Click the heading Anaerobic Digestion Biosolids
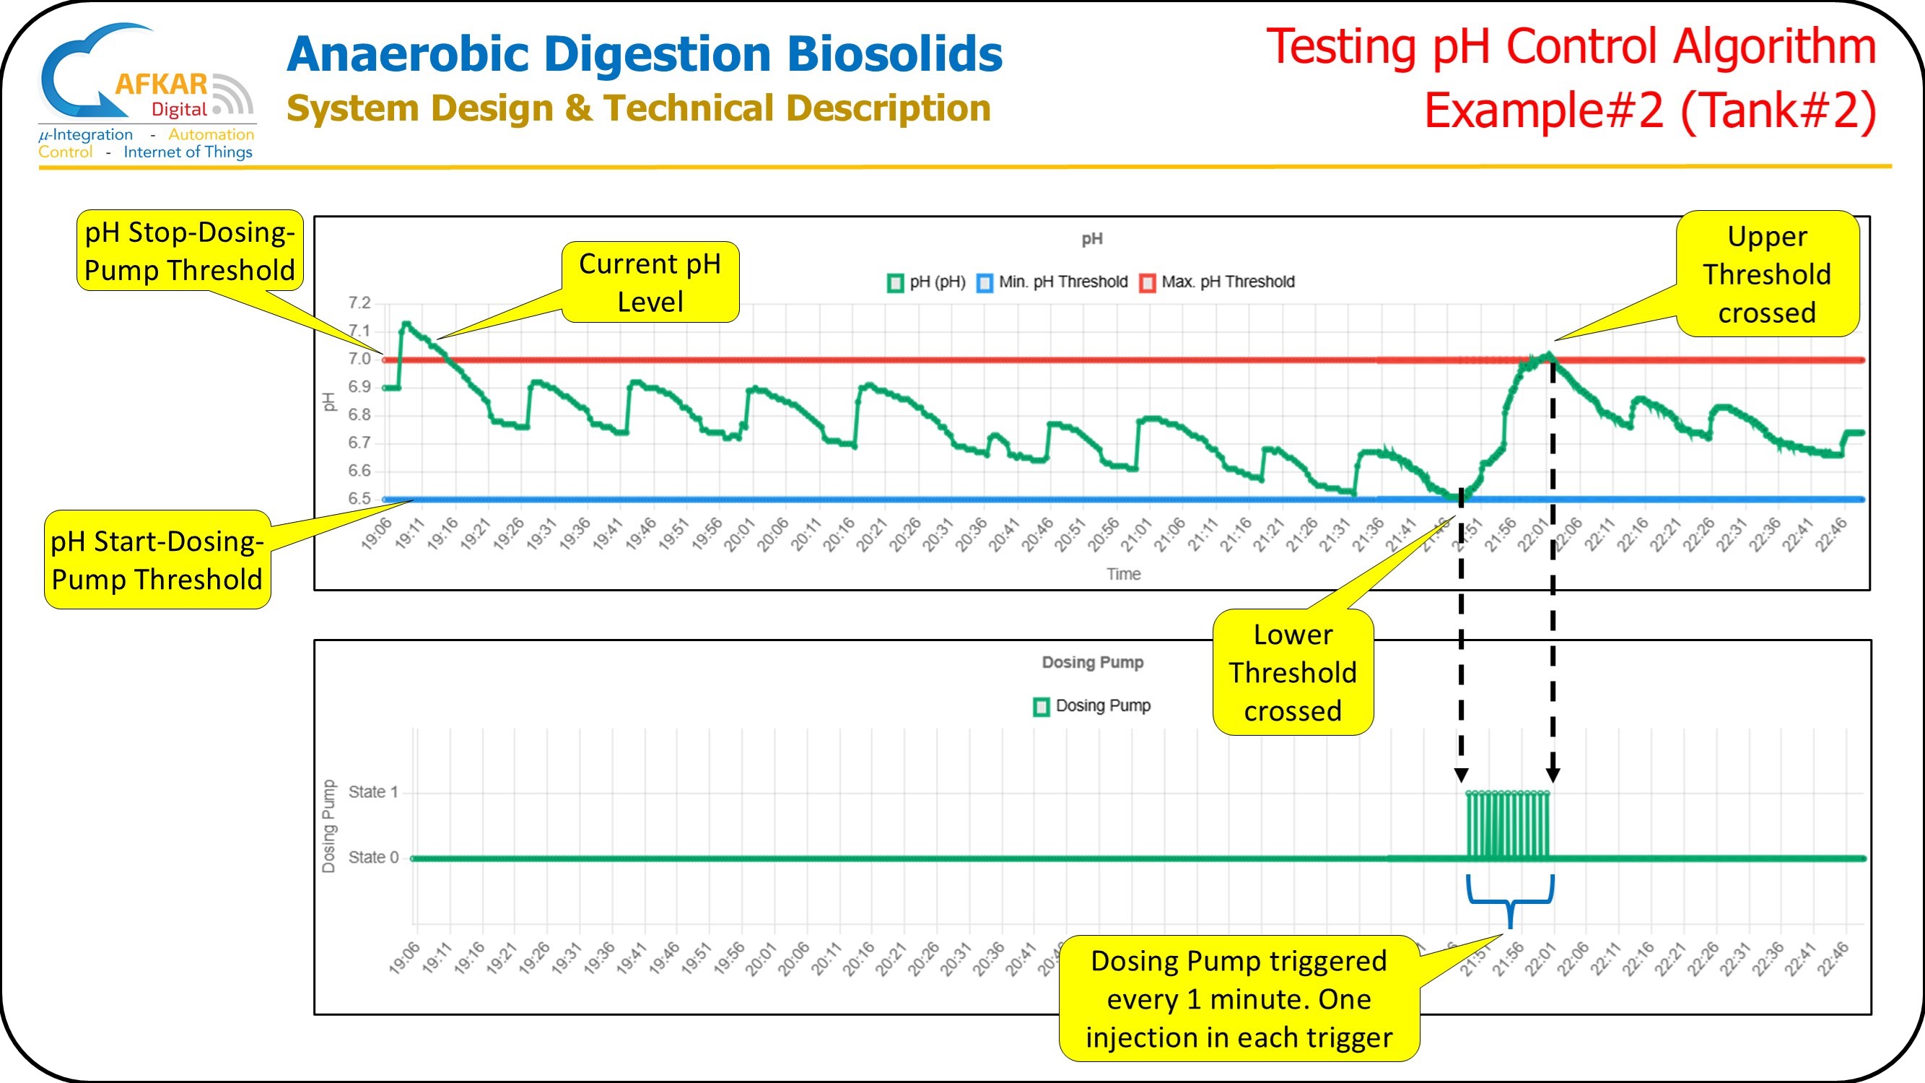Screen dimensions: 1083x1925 644,54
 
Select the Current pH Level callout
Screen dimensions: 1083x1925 650,282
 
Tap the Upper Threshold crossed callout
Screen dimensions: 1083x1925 1767,274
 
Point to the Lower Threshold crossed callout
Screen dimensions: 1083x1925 1292,672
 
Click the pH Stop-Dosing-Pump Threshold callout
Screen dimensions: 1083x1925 190,251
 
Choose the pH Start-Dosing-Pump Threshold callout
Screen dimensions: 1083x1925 157,560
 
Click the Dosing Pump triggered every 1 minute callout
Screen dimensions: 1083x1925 1239,998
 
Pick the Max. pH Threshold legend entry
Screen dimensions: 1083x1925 1218,282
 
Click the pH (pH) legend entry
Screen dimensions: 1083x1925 927,282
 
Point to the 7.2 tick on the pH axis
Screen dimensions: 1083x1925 359,303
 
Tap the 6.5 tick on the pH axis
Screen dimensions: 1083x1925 359,498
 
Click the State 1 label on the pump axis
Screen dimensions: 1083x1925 373,791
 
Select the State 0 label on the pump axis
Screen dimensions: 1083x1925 373,857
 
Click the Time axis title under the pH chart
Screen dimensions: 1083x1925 1123,574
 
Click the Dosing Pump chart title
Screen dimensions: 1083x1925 1093,662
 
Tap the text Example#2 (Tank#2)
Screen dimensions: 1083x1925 1650,110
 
